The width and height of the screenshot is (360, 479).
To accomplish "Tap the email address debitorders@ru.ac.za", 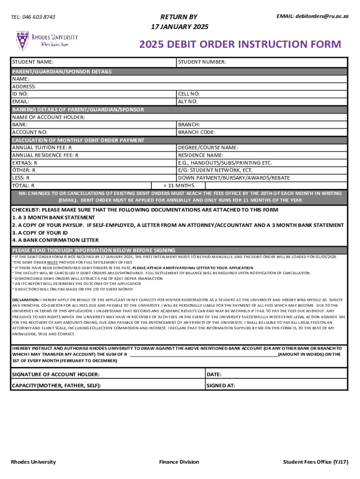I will (312, 16).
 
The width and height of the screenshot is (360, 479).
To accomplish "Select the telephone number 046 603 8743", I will (33, 17).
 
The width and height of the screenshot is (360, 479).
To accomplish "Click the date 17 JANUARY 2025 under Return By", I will (180, 27).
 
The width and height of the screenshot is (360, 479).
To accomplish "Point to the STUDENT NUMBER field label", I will (202, 62).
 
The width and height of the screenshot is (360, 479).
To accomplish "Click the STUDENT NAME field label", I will (32, 62).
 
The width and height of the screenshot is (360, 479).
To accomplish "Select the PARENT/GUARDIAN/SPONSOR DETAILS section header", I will (62, 72).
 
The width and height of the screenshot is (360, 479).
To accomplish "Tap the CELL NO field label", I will (189, 94).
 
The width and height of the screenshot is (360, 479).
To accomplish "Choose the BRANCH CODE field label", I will (196, 132).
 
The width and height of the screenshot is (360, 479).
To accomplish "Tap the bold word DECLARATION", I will (26, 299).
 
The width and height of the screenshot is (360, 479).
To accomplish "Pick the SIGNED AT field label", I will (221, 386).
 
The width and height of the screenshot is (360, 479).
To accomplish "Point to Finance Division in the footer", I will (179, 462).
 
